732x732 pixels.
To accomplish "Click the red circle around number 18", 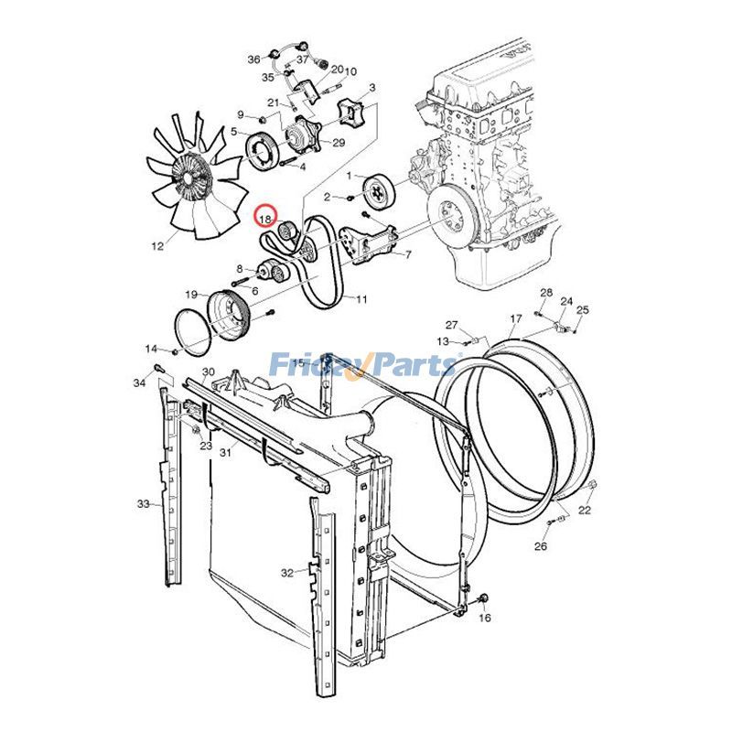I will (x=264, y=218).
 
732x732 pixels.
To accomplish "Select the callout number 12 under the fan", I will (x=157, y=245).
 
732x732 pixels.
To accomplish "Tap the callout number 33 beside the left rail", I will (x=143, y=504).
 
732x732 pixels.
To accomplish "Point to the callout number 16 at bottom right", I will (x=485, y=619).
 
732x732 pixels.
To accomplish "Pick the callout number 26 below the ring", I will (x=541, y=546).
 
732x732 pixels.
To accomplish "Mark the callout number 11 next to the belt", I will (x=361, y=299).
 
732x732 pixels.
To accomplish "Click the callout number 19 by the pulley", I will (x=191, y=295).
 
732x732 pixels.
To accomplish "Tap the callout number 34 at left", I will (x=139, y=382).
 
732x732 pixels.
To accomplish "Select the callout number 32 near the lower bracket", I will (x=287, y=573).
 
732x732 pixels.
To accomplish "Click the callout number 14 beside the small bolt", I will (x=151, y=349).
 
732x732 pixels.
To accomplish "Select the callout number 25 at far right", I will (x=582, y=310).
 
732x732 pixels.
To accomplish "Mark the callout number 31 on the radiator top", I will (x=224, y=451).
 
